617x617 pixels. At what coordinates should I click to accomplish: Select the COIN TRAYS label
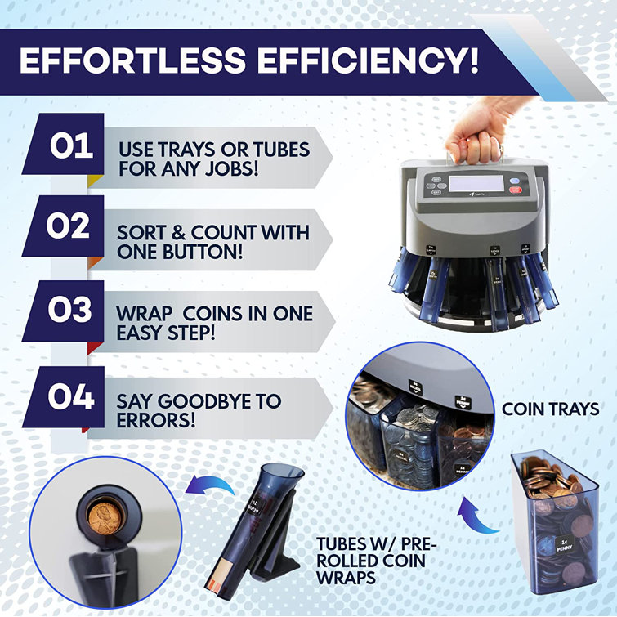click(550, 408)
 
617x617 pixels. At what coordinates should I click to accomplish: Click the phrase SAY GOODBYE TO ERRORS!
click(199, 410)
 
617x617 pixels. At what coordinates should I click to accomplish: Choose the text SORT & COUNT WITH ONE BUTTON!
click(213, 242)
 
